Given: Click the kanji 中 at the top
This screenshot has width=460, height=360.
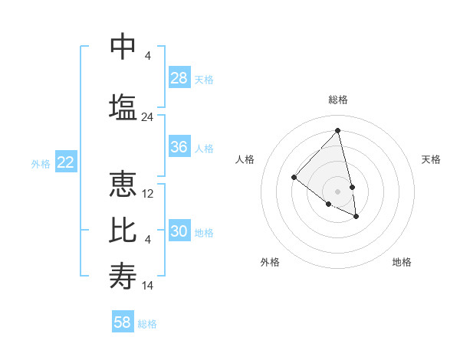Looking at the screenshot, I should click(x=123, y=47).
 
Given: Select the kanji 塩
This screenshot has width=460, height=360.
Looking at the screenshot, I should click(x=123, y=106).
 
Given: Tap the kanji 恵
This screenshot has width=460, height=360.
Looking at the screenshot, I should click(x=123, y=185).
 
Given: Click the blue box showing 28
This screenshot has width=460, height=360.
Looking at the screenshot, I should click(x=179, y=78).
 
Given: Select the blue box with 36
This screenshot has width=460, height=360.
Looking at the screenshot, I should click(x=179, y=147).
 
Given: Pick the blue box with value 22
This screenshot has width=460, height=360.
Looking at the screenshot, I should click(x=66, y=162).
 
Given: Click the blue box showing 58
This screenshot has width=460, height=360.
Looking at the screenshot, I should click(x=123, y=322).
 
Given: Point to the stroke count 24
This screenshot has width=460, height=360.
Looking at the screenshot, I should click(x=148, y=117).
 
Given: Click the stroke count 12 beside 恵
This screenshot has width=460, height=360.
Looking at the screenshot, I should click(x=148, y=194).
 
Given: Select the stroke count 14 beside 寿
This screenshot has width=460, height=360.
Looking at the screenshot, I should click(x=148, y=286).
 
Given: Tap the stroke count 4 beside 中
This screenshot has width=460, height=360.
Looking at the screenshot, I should click(x=148, y=56).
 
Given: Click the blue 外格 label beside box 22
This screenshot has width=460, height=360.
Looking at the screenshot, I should click(x=41, y=163).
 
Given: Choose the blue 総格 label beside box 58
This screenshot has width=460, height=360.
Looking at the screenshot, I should click(x=147, y=324).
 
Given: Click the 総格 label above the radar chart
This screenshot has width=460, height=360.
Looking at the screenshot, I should click(x=338, y=100).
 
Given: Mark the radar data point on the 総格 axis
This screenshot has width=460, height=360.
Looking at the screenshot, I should click(x=338, y=131).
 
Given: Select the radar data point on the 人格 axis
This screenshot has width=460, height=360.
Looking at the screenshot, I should click(x=294, y=178).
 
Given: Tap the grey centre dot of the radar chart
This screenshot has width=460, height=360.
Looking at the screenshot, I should click(x=338, y=191).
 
